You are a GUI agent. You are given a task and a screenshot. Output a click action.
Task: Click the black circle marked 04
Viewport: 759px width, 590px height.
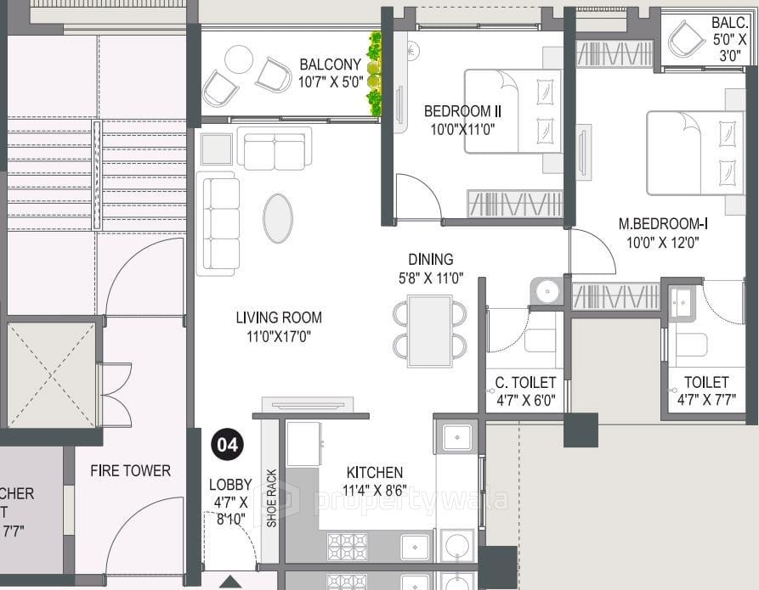(228, 445)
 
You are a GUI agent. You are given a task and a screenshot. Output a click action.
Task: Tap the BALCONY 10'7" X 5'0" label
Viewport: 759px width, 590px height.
(330, 74)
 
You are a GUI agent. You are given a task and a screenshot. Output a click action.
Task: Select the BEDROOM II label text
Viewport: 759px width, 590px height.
(462, 111)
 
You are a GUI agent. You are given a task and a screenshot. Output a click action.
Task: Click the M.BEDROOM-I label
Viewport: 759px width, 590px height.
(663, 224)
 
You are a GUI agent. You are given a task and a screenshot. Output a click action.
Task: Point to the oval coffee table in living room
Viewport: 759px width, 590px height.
(278, 218)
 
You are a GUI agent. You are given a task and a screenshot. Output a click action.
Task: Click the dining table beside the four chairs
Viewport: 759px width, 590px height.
(429, 330)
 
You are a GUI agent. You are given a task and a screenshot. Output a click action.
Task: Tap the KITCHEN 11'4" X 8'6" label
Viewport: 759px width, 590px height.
(375, 480)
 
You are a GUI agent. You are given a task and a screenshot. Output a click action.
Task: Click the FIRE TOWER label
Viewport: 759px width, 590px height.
(130, 470)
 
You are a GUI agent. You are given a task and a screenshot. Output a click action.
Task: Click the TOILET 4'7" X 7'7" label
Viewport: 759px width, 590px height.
(705, 391)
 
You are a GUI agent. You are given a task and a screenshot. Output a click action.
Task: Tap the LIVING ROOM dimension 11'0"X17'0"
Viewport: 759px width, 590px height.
(279, 335)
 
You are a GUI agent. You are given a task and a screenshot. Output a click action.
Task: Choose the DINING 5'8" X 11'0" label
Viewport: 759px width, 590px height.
(430, 267)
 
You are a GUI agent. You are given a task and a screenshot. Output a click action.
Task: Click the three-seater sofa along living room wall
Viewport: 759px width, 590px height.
(216, 223)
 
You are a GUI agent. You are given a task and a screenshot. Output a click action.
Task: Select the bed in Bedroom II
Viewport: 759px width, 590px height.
(512, 110)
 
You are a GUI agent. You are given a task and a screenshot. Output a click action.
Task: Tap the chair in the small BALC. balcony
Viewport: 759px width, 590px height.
(685, 39)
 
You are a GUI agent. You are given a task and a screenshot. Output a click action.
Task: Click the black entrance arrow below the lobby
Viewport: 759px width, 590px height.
(228, 582)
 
